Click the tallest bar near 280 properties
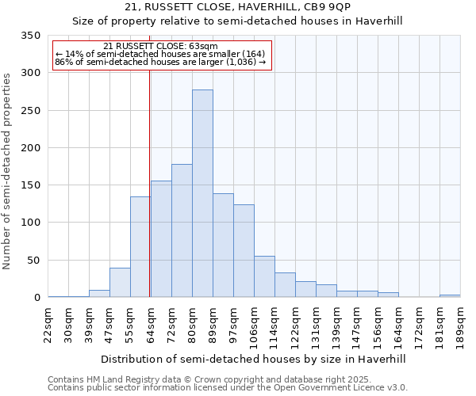[202, 193]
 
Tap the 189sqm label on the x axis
[461, 326]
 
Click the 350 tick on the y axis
[31, 36]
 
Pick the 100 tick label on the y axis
[31, 223]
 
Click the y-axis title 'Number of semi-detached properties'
[8, 170]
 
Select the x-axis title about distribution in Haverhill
[254, 359]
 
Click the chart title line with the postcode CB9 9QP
[254, 7]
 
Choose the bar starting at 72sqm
[182, 230]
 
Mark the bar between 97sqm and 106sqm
[244, 250]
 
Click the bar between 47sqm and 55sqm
[120, 283]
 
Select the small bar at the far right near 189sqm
[450, 295]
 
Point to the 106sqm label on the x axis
[255, 326]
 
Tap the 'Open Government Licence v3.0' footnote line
[227, 388]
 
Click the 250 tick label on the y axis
[31, 110]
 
